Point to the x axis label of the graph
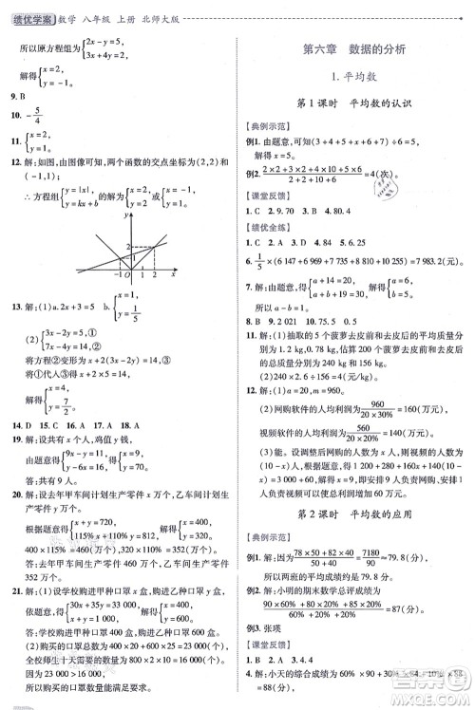(x=173, y=275)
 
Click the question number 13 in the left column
(x=13, y=307)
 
